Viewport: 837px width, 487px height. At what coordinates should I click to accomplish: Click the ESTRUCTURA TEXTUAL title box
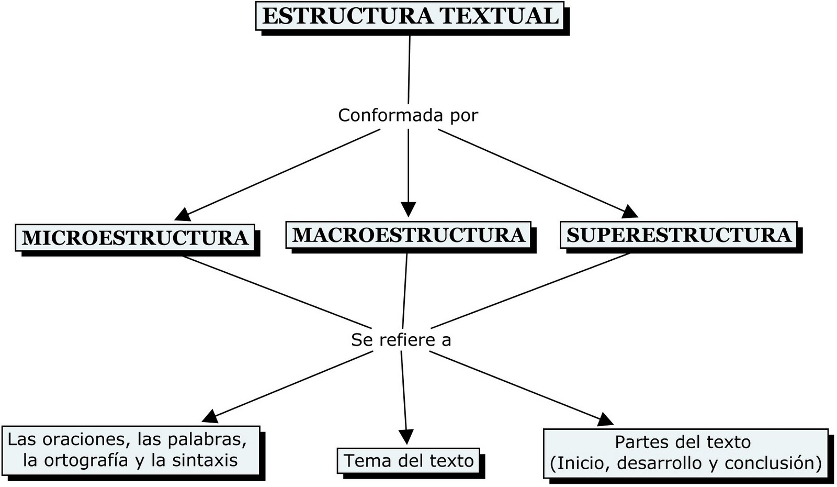(x=410, y=16)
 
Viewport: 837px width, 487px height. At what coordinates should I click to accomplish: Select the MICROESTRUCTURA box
(x=135, y=238)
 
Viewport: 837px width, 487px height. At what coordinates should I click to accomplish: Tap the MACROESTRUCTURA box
(x=408, y=235)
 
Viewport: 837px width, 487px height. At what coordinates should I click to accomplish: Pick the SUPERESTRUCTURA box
(x=678, y=235)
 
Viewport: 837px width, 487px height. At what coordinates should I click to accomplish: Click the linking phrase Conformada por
(x=408, y=115)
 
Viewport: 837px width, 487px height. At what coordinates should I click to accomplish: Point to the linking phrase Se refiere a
(x=401, y=340)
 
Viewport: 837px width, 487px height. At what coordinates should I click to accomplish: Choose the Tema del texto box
(x=409, y=461)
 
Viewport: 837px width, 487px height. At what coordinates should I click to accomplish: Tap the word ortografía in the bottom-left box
(x=86, y=461)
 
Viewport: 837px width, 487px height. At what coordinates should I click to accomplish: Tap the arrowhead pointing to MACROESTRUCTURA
(x=408, y=209)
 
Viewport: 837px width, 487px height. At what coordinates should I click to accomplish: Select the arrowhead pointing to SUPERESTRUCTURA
(x=630, y=212)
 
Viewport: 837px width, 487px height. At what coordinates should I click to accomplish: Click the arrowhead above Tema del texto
(x=406, y=437)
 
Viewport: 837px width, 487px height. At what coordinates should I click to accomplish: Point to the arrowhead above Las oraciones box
(x=209, y=416)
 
